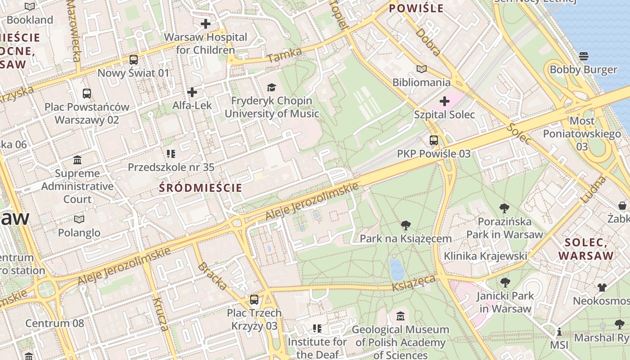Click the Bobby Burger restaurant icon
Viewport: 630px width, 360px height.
tap(584, 56)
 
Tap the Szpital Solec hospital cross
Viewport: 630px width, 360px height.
tap(445, 101)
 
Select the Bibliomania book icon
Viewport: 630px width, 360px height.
tap(421, 69)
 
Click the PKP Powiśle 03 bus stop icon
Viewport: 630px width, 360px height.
tap(434, 140)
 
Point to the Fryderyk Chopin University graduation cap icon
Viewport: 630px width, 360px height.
tap(271, 87)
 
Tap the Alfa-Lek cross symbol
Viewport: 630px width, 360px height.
tap(192, 92)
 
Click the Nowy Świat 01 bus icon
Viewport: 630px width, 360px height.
tap(134, 59)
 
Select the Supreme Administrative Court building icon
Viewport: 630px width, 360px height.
tap(77, 160)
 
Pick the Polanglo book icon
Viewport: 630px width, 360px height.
tap(79, 219)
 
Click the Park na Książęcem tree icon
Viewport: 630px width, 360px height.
tap(406, 225)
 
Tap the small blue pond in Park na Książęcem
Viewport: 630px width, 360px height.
tap(396, 269)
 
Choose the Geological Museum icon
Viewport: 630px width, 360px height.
tap(400, 316)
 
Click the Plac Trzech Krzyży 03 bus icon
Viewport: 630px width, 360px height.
tap(254, 299)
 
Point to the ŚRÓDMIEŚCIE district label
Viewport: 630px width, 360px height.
tap(201, 188)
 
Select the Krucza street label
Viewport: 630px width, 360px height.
tap(160, 314)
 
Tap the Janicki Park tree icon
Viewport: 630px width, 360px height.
tap(505, 283)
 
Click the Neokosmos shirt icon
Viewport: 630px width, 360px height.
tap(602, 287)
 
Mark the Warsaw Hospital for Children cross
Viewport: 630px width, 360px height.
tap(206, 24)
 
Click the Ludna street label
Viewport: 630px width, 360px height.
tap(594, 189)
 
